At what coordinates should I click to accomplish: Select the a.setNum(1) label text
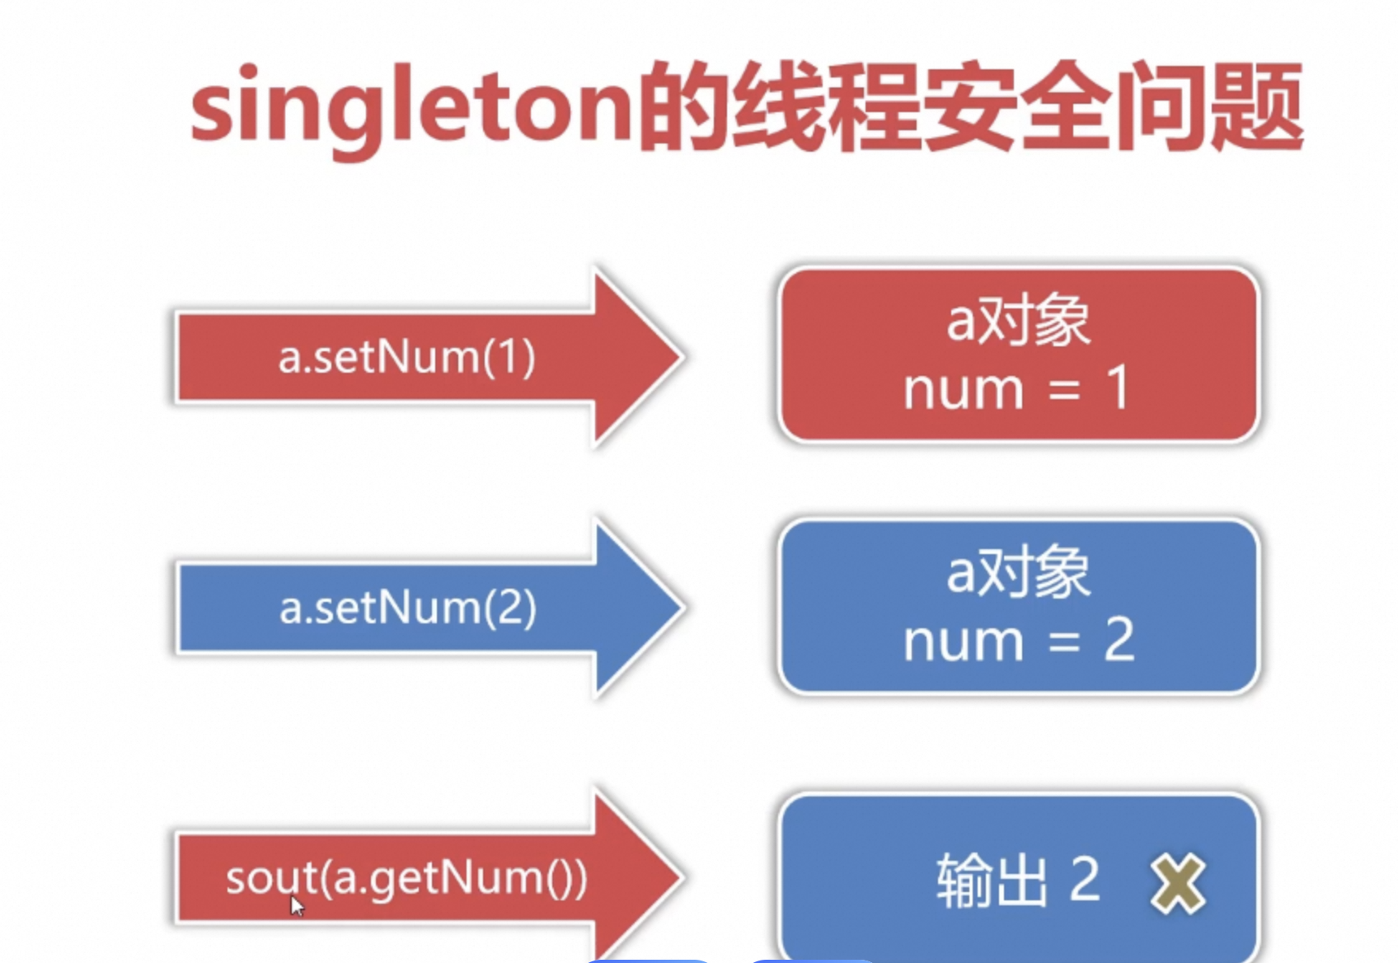(406, 357)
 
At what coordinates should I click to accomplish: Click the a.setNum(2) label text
(408, 608)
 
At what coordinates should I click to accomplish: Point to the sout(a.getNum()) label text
(406, 878)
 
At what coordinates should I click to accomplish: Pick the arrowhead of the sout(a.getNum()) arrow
(651, 876)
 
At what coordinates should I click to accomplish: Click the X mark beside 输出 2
(1177, 884)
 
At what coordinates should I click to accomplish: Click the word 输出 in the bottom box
(991, 881)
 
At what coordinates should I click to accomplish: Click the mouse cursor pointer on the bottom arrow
(297, 905)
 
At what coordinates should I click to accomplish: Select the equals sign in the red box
(1064, 389)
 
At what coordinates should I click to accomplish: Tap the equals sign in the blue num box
(1064, 641)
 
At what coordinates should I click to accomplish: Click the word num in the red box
(963, 389)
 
